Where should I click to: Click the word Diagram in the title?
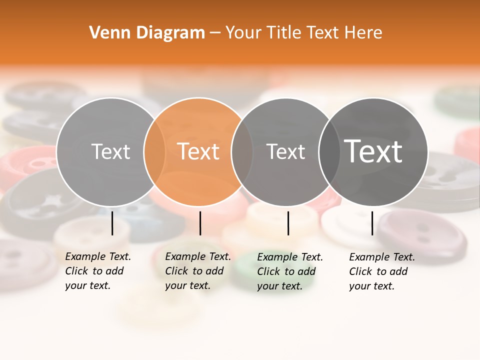point(170,33)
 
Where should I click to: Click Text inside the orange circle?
point(198,151)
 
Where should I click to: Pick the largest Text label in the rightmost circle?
point(373,151)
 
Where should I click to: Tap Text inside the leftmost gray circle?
point(110,151)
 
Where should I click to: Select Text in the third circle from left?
point(285,151)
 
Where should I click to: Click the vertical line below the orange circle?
point(200,223)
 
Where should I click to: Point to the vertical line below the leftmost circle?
point(112,223)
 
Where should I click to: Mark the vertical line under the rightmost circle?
point(372,223)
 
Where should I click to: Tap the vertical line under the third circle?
point(288,223)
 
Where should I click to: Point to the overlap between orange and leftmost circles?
point(154,151)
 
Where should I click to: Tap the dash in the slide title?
point(215,33)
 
